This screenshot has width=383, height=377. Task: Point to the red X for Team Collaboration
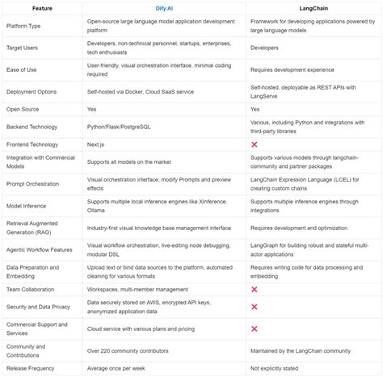coord(255,288)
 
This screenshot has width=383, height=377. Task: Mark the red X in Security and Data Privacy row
coord(255,308)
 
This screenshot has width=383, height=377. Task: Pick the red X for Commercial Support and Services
coord(255,329)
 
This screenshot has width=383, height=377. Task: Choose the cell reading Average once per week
coord(121,369)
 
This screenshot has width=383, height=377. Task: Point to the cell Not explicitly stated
coord(280,369)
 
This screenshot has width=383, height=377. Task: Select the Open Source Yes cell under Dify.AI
coord(92,108)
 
